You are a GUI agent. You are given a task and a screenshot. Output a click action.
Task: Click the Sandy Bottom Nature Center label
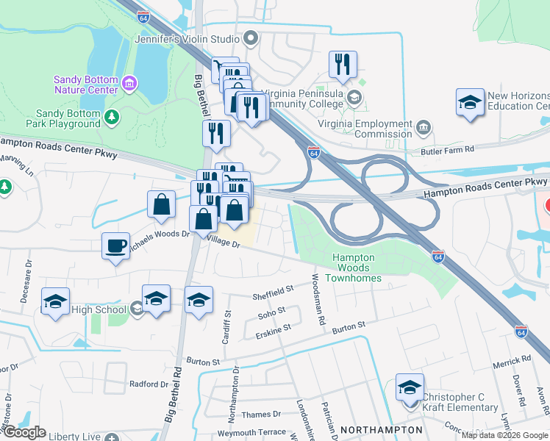pos(86,85)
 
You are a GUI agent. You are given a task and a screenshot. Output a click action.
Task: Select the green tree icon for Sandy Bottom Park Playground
pos(111,117)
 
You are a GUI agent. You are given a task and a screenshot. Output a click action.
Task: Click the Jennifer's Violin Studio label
pos(187,39)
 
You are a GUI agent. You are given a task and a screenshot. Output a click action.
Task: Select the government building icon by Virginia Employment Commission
pos(424,129)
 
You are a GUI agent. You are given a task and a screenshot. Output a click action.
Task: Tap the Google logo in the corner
pos(24,432)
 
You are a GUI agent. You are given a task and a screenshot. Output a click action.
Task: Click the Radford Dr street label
pos(149,384)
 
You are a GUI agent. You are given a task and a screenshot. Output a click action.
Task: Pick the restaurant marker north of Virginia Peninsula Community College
pos(343,65)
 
